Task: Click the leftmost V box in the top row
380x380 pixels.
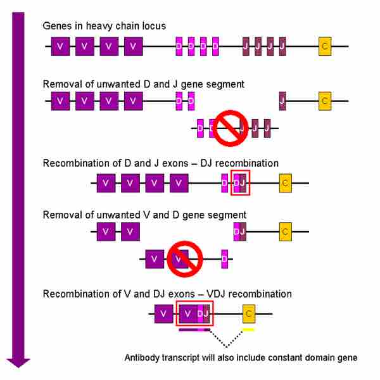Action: pos(60,46)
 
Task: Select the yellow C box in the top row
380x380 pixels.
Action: pos(325,46)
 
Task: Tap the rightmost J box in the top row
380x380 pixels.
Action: pos(282,46)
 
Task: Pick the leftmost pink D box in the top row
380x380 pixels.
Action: pos(179,46)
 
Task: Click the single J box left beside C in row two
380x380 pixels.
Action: pos(282,100)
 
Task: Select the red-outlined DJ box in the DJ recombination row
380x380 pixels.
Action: pos(240,183)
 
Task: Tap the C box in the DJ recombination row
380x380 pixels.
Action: pos(285,183)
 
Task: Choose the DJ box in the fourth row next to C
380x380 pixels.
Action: pos(239,232)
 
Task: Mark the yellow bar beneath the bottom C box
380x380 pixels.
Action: pos(249,329)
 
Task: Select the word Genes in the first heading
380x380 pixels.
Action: pos(56,26)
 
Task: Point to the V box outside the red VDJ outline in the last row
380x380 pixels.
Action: pos(163,313)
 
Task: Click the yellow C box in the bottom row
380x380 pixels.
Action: pos(249,313)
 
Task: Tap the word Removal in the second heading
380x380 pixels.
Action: pos(61,84)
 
